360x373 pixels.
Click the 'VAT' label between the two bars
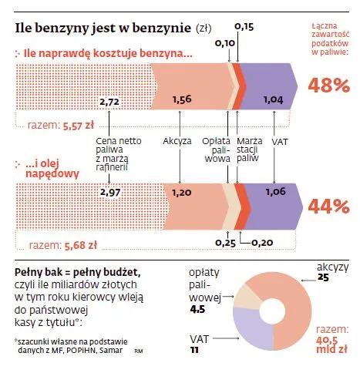280,142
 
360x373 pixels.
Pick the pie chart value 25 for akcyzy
323,277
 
